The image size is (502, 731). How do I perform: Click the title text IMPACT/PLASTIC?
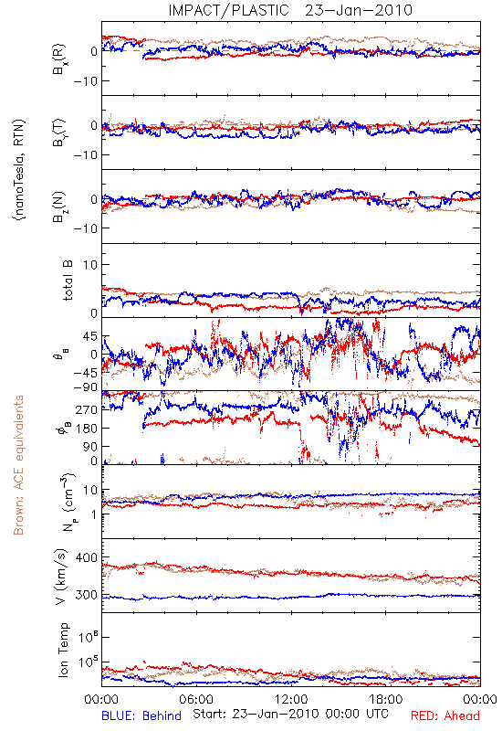tap(228, 10)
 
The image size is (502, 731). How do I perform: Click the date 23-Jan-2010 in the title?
tap(359, 10)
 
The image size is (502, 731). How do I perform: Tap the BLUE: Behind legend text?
tap(141, 715)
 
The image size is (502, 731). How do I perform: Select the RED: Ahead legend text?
tap(444, 715)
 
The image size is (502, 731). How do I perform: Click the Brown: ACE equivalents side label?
tap(18, 465)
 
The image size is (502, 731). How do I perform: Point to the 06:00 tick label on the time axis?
tap(196, 699)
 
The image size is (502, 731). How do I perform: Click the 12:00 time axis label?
tap(291, 699)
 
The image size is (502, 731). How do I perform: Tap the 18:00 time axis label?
tap(386, 699)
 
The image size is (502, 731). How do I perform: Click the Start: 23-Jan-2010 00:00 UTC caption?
tap(290, 714)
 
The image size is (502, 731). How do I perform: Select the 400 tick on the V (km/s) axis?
tap(86, 557)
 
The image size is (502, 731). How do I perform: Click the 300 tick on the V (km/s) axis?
tap(86, 595)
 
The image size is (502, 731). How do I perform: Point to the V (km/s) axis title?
tap(61, 577)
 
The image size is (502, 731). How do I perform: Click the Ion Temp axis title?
tap(63, 650)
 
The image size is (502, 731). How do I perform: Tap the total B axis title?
tap(67, 281)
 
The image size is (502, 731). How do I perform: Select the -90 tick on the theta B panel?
tap(84, 387)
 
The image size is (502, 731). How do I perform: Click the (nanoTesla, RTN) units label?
tap(19, 169)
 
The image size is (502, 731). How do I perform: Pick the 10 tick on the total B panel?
tap(89, 265)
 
